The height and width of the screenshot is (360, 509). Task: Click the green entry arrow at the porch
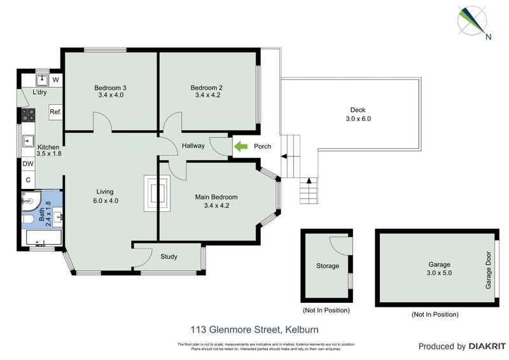(241, 146)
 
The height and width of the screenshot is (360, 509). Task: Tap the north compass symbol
(473, 22)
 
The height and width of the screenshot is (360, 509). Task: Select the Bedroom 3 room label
(110, 88)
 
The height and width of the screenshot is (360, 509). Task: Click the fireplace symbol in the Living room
(157, 192)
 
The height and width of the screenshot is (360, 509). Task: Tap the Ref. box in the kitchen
(55, 113)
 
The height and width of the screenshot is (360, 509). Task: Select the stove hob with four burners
(29, 114)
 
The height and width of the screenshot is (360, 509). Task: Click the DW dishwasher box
(28, 163)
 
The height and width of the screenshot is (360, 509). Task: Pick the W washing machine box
(55, 80)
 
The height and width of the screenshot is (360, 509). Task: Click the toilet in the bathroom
(27, 219)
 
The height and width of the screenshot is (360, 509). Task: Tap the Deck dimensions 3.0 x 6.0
(358, 118)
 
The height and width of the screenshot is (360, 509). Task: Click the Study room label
(169, 257)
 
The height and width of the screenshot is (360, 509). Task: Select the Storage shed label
(328, 266)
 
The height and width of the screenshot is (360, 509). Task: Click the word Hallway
(193, 146)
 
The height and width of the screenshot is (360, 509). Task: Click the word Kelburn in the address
(302, 329)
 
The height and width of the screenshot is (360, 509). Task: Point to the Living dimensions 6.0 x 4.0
(105, 200)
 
